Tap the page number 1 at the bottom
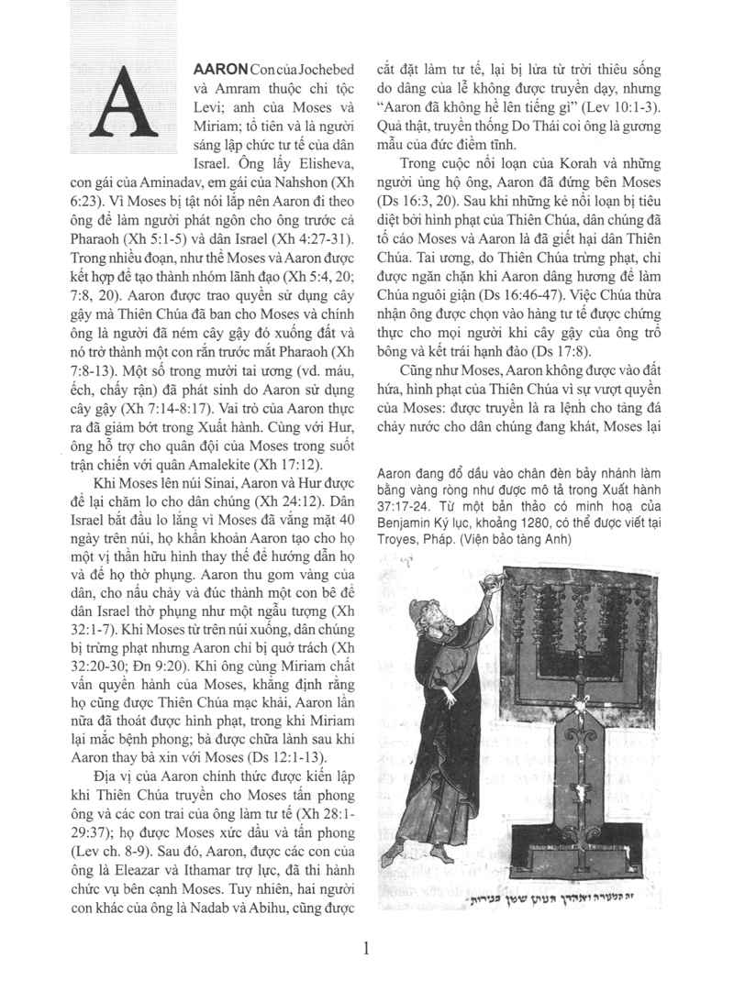tap(366, 948)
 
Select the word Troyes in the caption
tap(400, 539)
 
